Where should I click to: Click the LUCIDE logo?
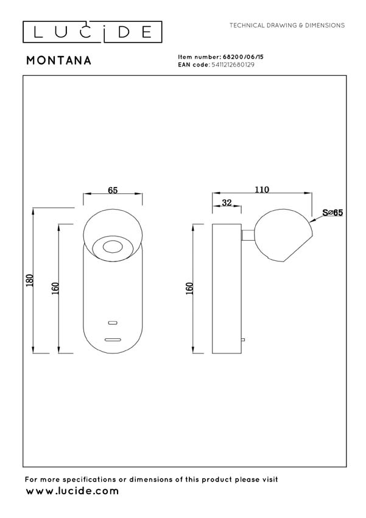[92, 32]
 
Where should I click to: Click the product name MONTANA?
[59, 60]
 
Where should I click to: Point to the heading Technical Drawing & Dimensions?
[287, 26]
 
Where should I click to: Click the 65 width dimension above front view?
[113, 190]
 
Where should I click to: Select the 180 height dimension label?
[30, 280]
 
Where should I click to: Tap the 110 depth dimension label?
[261, 190]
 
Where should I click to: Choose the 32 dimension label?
[227, 204]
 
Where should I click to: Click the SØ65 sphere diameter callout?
[333, 213]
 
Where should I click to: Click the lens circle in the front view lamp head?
[113, 247]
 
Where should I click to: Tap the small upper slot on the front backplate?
[113, 322]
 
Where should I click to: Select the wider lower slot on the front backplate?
[113, 339]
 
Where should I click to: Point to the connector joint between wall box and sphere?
[248, 235]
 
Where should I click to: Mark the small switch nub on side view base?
[243, 339]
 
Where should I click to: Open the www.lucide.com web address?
[72, 491]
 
